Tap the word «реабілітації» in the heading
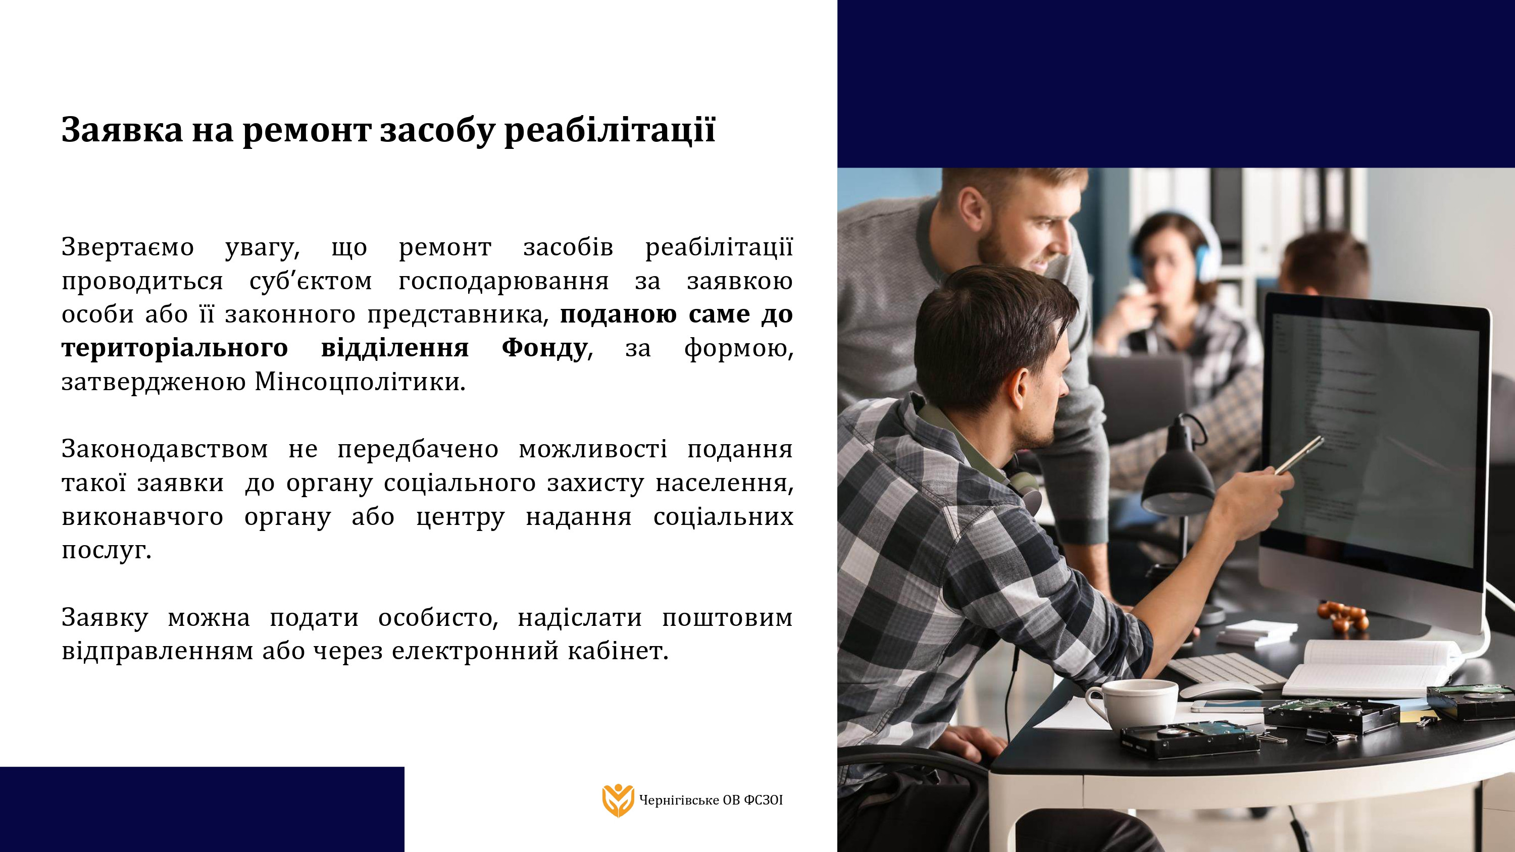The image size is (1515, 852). point(610,131)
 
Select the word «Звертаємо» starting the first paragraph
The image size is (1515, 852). point(128,247)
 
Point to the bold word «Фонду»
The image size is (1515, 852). point(544,348)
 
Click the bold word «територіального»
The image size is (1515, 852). point(175,348)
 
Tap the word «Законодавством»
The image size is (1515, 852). point(165,449)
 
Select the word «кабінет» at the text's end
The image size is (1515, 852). point(615,651)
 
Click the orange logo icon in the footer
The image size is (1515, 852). point(618,800)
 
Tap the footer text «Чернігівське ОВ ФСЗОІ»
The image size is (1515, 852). point(711,800)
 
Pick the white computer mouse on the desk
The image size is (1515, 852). point(1221,689)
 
